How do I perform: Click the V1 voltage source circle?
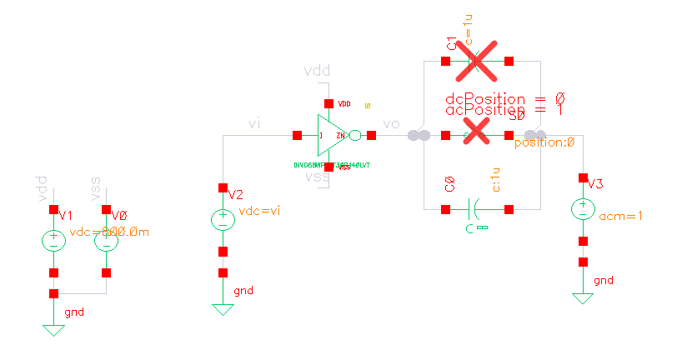(x=53, y=241)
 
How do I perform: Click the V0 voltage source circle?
(x=106, y=241)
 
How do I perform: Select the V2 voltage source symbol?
(x=223, y=220)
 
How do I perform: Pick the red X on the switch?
(x=476, y=131)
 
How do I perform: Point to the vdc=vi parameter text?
(x=260, y=211)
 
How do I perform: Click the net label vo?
(x=391, y=124)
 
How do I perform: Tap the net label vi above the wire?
(x=256, y=124)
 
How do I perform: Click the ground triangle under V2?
(x=223, y=309)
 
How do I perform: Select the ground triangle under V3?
(x=583, y=297)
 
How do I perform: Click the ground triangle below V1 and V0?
(x=53, y=330)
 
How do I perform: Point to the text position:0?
(x=544, y=142)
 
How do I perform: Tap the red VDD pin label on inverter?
(x=344, y=104)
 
